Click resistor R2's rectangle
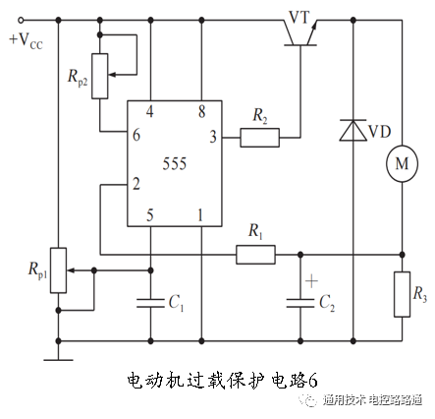point(259,139)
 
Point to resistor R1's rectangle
point(255,255)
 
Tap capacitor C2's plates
point(300,301)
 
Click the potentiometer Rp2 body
point(101,58)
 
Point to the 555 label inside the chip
point(175,161)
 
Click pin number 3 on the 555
point(214,139)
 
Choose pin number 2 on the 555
point(136,184)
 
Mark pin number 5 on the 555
point(150,214)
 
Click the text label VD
point(379,132)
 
